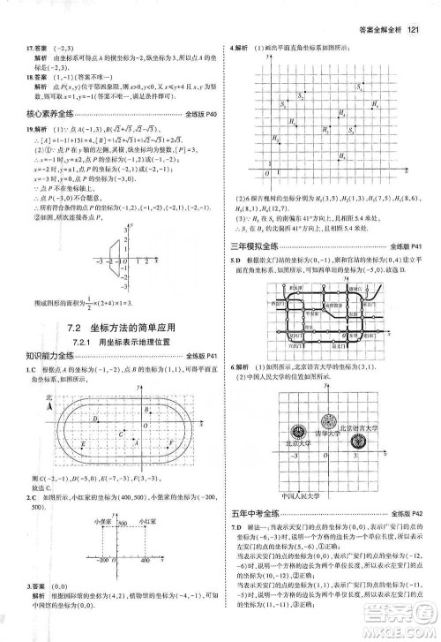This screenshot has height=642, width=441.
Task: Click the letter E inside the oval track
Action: tap(82, 442)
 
